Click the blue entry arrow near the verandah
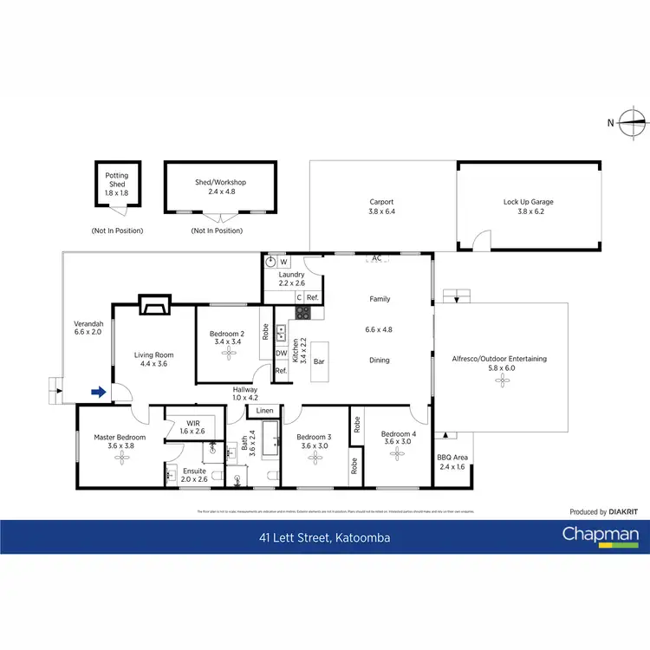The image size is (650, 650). (99, 393)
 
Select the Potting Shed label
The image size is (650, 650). (117, 179)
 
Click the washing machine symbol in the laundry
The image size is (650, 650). (271, 261)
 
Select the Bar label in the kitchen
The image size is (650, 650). (319, 361)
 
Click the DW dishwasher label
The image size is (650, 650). (281, 353)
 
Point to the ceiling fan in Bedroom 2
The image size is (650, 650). (228, 354)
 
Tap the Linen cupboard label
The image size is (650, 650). (264, 410)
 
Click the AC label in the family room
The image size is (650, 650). (376, 257)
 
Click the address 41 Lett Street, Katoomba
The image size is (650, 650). (324, 538)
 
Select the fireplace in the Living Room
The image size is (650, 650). (155, 304)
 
